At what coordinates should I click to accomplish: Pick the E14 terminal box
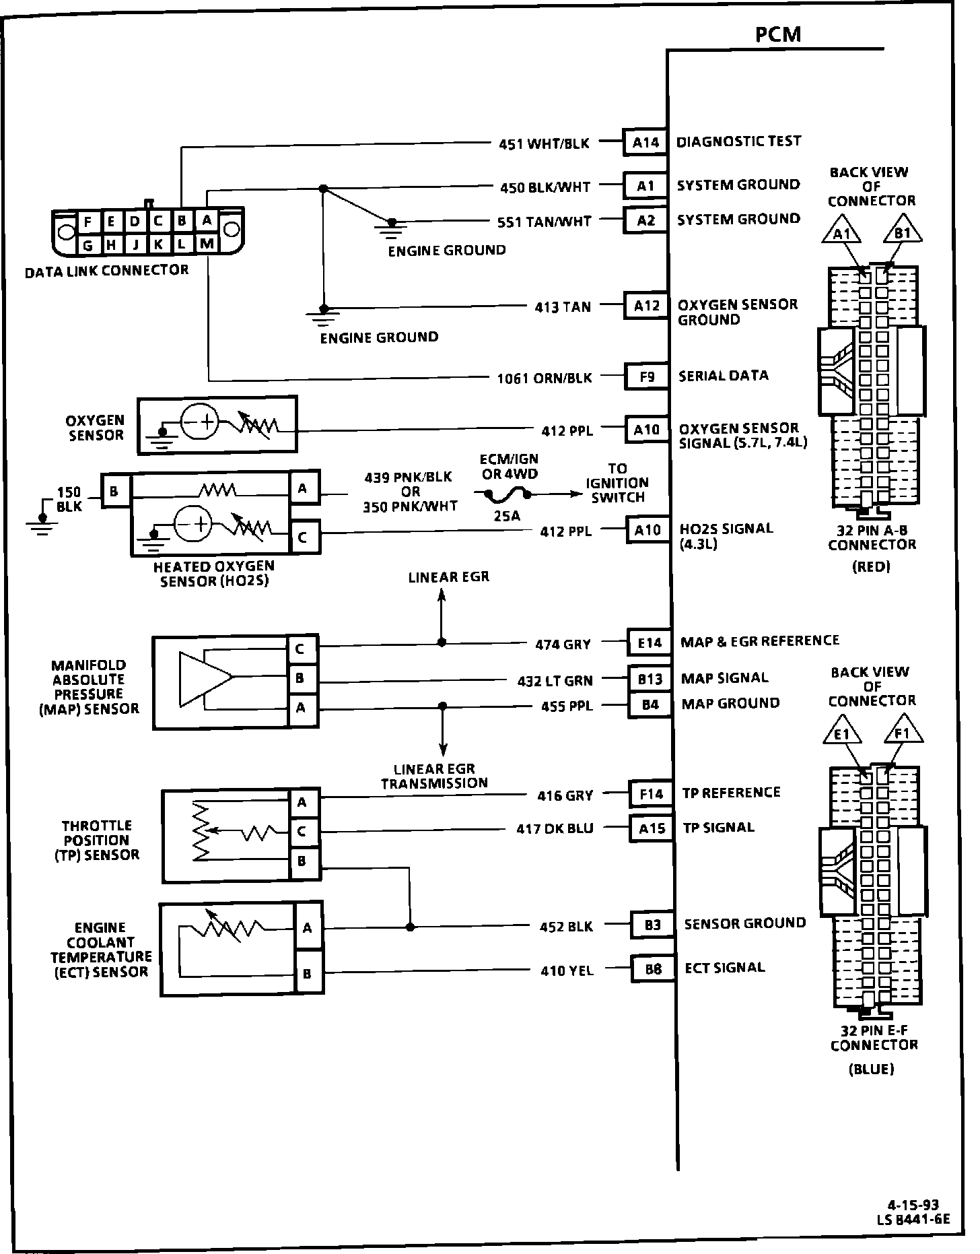coord(650,643)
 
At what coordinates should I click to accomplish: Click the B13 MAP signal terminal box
coord(650,679)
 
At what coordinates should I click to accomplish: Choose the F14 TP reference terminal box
coord(652,795)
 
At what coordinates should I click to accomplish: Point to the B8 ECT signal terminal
coord(653,969)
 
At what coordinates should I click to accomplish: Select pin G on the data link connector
coord(87,246)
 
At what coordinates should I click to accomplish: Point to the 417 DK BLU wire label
coord(555,829)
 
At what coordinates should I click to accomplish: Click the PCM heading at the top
coord(778,34)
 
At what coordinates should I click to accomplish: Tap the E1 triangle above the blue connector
coord(842,733)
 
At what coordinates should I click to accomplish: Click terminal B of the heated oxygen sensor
coord(114,492)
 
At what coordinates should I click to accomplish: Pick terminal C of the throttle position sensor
coord(302,832)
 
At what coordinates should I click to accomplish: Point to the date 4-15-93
coord(913,1205)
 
